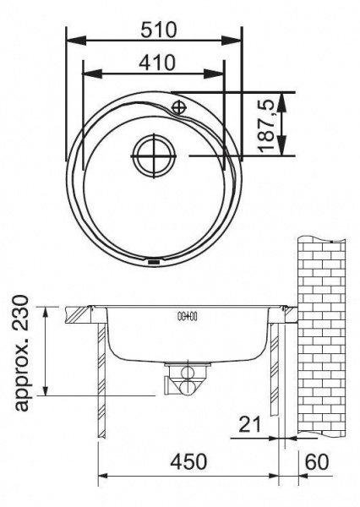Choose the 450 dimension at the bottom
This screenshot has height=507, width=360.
(x=189, y=462)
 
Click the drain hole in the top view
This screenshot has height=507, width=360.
(x=152, y=156)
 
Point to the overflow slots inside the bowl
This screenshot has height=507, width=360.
(x=187, y=317)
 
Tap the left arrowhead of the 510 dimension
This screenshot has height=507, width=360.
(x=69, y=41)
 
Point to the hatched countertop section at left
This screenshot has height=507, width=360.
(x=83, y=313)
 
